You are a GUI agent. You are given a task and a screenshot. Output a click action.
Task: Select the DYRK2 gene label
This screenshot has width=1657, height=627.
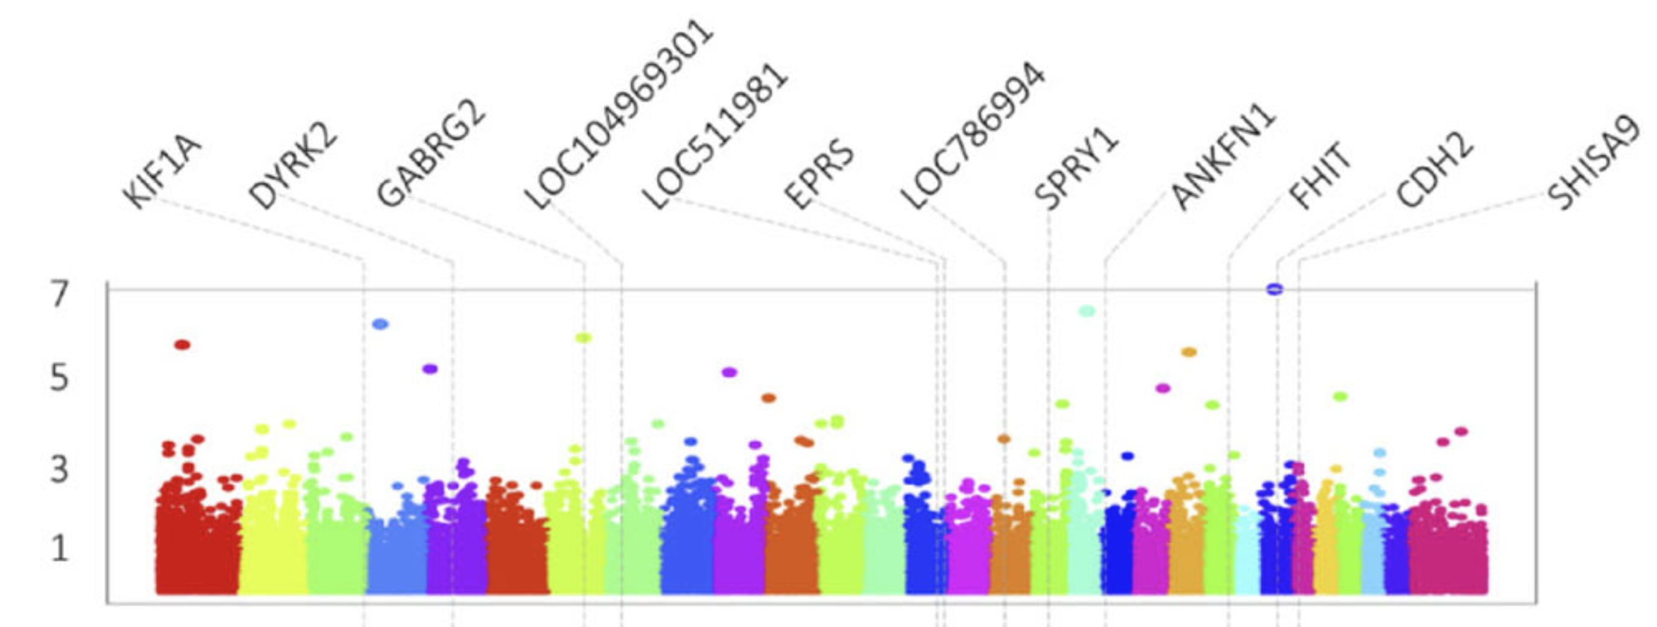tap(293, 169)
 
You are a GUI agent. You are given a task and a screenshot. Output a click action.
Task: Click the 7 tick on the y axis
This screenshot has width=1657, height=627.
tap(59, 295)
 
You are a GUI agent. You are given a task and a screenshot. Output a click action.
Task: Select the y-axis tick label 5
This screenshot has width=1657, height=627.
tap(59, 378)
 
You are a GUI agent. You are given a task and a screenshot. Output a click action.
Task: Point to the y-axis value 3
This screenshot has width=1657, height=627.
tap(59, 469)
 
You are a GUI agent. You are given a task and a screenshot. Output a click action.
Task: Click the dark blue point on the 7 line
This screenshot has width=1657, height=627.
tap(1274, 289)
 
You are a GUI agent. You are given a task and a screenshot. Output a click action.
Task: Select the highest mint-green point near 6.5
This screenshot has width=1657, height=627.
tap(1087, 311)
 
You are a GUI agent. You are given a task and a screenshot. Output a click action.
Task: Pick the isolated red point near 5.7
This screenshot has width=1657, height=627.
tap(182, 345)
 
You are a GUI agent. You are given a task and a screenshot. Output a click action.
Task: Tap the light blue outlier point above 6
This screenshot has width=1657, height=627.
tap(381, 324)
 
